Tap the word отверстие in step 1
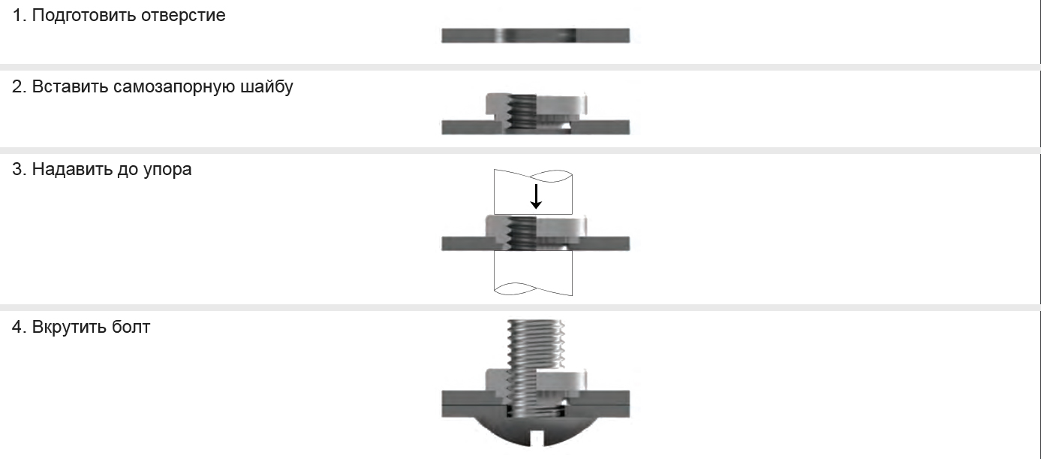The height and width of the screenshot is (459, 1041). tap(183, 16)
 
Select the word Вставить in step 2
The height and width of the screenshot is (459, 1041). tap(70, 86)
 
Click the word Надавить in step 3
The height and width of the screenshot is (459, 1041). tap(71, 169)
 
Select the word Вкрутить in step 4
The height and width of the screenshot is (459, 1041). tap(69, 327)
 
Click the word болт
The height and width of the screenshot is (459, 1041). tap(131, 327)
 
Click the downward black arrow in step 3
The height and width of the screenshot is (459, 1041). tap(536, 196)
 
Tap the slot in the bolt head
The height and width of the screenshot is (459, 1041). tap(537, 439)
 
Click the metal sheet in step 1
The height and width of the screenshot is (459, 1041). tap(535, 35)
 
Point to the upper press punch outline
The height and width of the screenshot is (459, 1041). tap(533, 192)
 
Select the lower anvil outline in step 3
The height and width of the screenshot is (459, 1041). tap(533, 273)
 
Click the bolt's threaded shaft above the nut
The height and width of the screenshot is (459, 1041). tap(536, 344)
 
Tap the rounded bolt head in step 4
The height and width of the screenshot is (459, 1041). tap(535, 430)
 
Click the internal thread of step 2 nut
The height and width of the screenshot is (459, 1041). tap(522, 112)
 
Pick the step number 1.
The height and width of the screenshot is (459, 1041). tap(19, 15)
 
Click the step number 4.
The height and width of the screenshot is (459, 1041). tap(19, 327)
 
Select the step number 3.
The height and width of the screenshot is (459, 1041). tap(19, 169)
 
